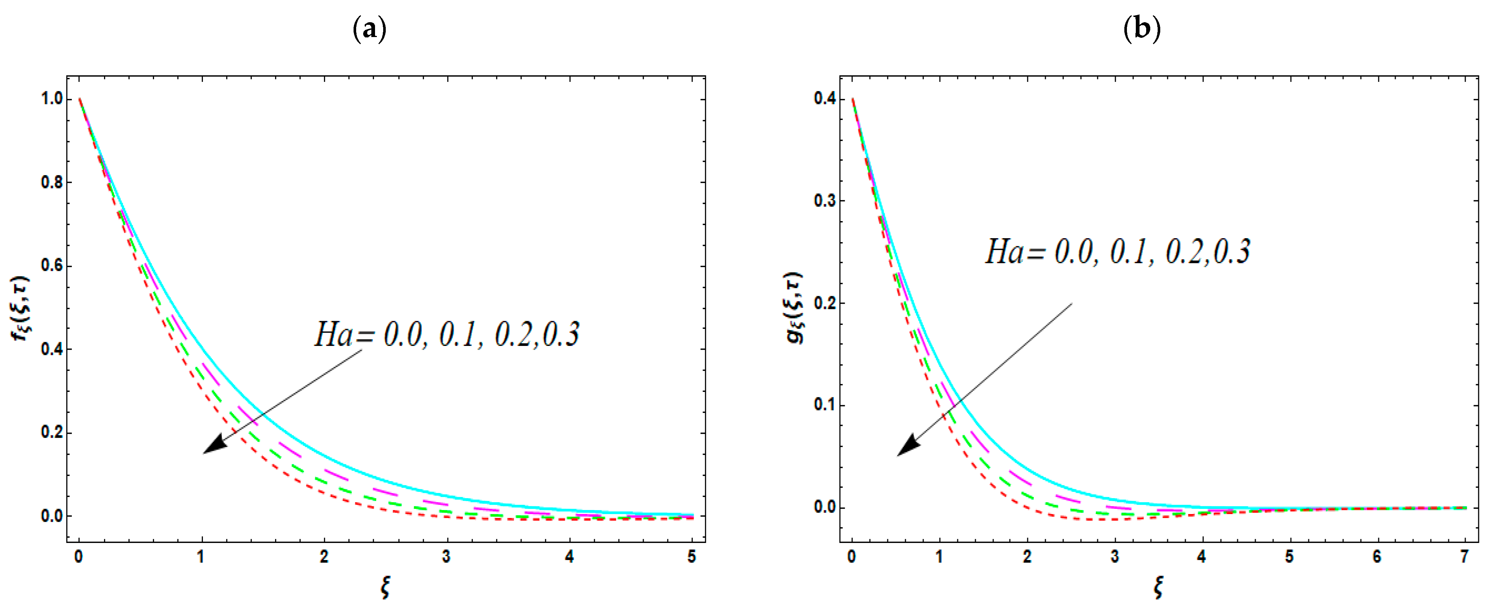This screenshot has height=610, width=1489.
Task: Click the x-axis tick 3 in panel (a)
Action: pyautogui.click(x=446, y=557)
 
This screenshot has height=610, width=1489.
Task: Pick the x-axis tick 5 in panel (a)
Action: pyautogui.click(x=692, y=557)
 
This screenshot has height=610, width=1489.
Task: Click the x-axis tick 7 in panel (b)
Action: pyautogui.click(x=1464, y=557)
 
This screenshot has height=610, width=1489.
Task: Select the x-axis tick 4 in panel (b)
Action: pyautogui.click(x=1202, y=557)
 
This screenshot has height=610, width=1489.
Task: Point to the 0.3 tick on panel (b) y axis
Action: pyautogui.click(x=825, y=201)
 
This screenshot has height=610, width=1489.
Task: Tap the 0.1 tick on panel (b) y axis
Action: pyautogui.click(x=825, y=405)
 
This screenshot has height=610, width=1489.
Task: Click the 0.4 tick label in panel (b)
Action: pyautogui.click(x=825, y=99)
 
